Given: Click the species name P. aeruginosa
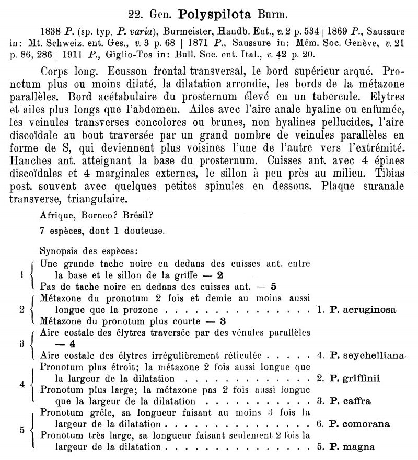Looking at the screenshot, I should pos(363,310).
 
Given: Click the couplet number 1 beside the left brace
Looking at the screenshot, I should pos(21,275).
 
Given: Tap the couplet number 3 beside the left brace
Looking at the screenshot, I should pos(21,344).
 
